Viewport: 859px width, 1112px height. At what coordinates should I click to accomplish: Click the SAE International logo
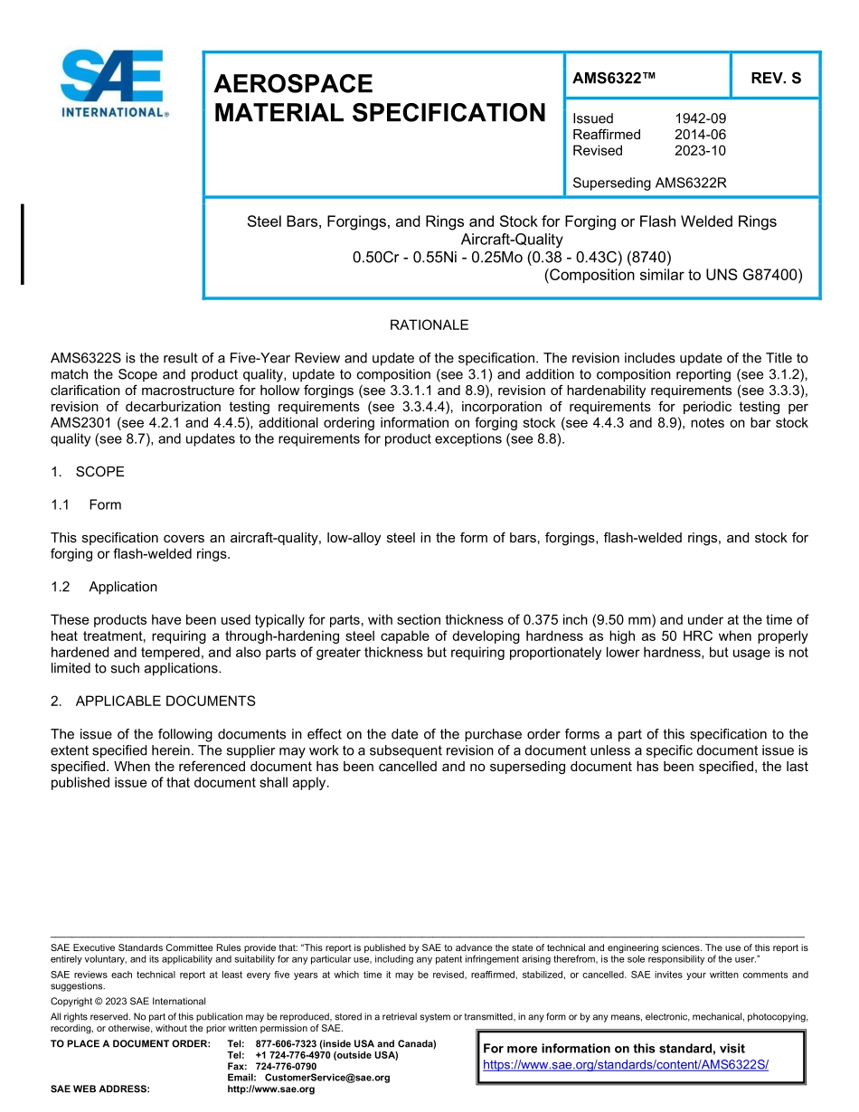(x=112, y=83)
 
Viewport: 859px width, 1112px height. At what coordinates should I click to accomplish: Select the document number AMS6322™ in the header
(x=614, y=78)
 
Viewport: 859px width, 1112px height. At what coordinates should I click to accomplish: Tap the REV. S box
(x=775, y=78)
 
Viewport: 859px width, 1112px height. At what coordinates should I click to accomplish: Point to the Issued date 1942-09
(x=700, y=118)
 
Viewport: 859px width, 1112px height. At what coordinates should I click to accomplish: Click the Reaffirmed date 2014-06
(x=700, y=135)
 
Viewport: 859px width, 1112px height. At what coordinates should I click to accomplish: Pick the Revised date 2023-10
(x=700, y=151)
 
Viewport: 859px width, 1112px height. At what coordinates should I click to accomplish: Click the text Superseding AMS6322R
(x=649, y=184)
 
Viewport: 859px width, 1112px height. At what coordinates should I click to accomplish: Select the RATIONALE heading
(x=429, y=325)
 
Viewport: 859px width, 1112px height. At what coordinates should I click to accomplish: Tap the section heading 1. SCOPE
(x=88, y=472)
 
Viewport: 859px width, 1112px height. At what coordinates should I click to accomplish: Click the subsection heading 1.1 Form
(x=87, y=504)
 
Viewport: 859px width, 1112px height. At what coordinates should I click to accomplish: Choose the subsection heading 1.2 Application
(x=104, y=587)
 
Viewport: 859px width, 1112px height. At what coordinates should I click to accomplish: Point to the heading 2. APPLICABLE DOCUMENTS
(x=153, y=701)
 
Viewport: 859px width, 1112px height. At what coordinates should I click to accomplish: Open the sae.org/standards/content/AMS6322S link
(x=626, y=1065)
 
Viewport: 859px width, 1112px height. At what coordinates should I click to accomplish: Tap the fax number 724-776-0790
(x=286, y=1067)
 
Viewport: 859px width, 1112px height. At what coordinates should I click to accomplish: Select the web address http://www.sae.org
(x=271, y=1089)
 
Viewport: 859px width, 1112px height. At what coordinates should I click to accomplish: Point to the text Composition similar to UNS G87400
(x=674, y=275)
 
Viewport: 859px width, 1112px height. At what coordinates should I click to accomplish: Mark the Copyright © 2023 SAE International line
(x=128, y=1002)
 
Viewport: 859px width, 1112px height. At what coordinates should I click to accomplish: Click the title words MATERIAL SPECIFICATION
(x=380, y=113)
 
